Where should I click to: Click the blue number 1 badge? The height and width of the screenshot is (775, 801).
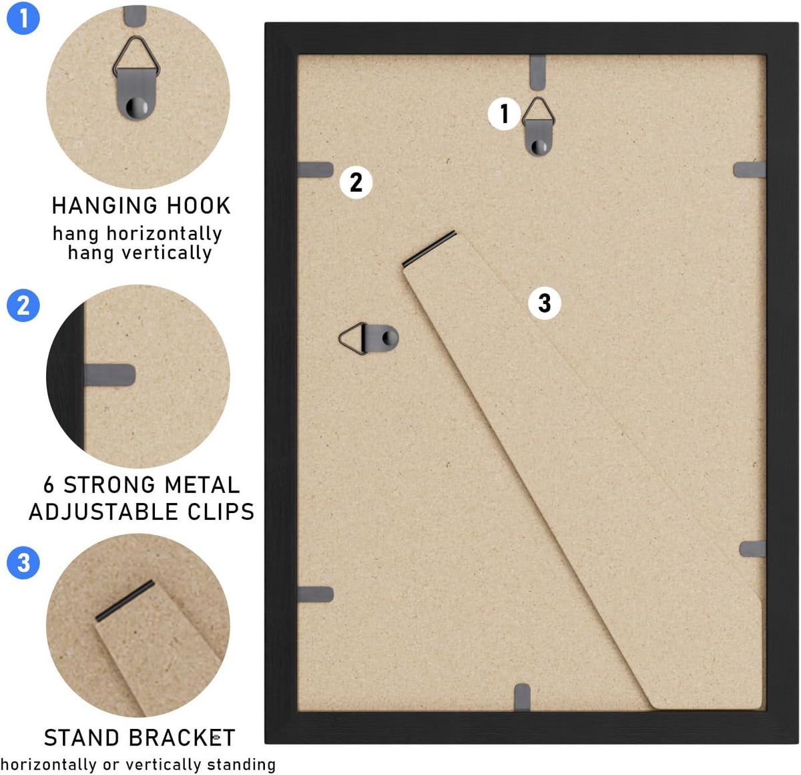pyautogui.click(x=23, y=18)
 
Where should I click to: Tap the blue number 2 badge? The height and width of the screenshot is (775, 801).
pyautogui.click(x=23, y=305)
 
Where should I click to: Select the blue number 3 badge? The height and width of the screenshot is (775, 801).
pyautogui.click(x=23, y=563)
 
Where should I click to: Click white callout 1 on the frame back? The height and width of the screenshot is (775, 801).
pyautogui.click(x=504, y=114)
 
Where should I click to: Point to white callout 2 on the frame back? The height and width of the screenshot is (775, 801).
pyautogui.click(x=356, y=182)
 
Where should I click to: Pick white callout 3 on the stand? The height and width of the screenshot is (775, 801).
pyautogui.click(x=545, y=303)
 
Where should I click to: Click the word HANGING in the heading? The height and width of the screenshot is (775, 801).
pyautogui.click(x=105, y=205)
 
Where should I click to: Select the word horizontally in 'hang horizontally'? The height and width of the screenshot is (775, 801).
pyautogui.click(x=164, y=234)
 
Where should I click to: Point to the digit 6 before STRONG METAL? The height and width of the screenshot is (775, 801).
pyautogui.click(x=49, y=485)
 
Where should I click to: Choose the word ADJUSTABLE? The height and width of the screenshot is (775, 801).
pyautogui.click(x=103, y=512)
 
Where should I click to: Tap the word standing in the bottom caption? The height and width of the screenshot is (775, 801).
pyautogui.click(x=241, y=764)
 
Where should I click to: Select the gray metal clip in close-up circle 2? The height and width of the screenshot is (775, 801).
pyautogui.click(x=109, y=375)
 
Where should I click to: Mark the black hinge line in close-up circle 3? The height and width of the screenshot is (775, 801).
pyautogui.click(x=125, y=601)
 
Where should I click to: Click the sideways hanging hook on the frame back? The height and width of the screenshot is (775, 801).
pyautogui.click(x=368, y=338)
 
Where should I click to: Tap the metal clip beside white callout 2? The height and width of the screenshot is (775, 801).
pyautogui.click(x=315, y=170)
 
